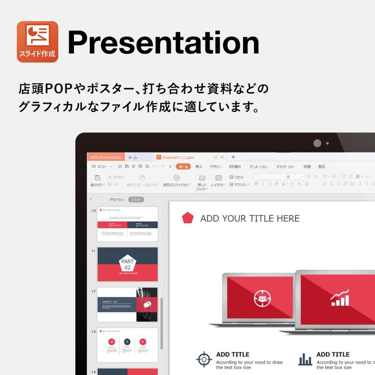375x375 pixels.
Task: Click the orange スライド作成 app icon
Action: [x=37, y=41]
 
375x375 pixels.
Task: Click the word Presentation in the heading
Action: [x=163, y=43]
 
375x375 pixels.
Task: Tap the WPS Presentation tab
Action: [x=105, y=157]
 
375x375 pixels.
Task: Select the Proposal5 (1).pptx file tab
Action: [x=176, y=157]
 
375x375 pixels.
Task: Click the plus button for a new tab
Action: [x=233, y=157]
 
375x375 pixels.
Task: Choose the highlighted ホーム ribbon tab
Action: [x=183, y=167]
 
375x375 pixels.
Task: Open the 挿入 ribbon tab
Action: [x=199, y=167]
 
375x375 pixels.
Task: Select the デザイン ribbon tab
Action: [x=215, y=167]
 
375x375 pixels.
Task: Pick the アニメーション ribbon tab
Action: [x=259, y=167]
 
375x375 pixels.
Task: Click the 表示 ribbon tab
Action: [x=322, y=167]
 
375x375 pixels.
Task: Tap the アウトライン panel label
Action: [x=117, y=200]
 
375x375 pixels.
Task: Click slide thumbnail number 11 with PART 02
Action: [x=127, y=264]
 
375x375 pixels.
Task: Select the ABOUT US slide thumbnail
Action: [x=127, y=304]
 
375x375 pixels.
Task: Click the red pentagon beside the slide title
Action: [x=188, y=218]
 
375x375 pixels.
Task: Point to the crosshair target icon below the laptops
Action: [x=204, y=359]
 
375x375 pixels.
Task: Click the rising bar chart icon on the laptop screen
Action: [x=340, y=298]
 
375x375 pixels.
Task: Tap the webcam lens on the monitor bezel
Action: [x=317, y=143]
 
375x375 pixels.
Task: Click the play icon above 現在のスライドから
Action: [x=177, y=178]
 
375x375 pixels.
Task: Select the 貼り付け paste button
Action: [x=97, y=181]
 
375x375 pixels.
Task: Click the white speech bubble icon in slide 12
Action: [x=147, y=304]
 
